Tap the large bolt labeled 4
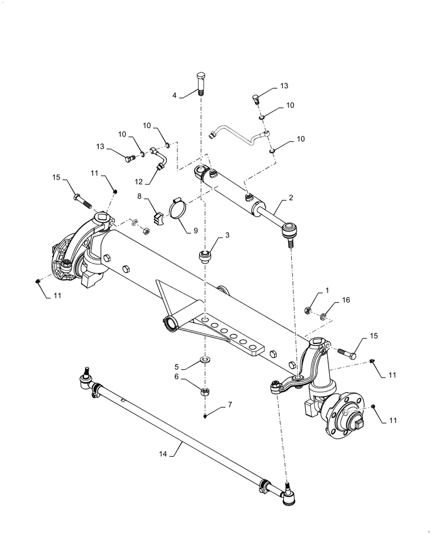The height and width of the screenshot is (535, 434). click(x=201, y=83)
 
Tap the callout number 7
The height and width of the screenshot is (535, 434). click(x=230, y=405)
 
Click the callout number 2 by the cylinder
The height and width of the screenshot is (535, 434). click(x=291, y=198)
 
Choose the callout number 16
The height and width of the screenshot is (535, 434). click(x=346, y=301)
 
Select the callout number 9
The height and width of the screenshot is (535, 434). click(x=195, y=231)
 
